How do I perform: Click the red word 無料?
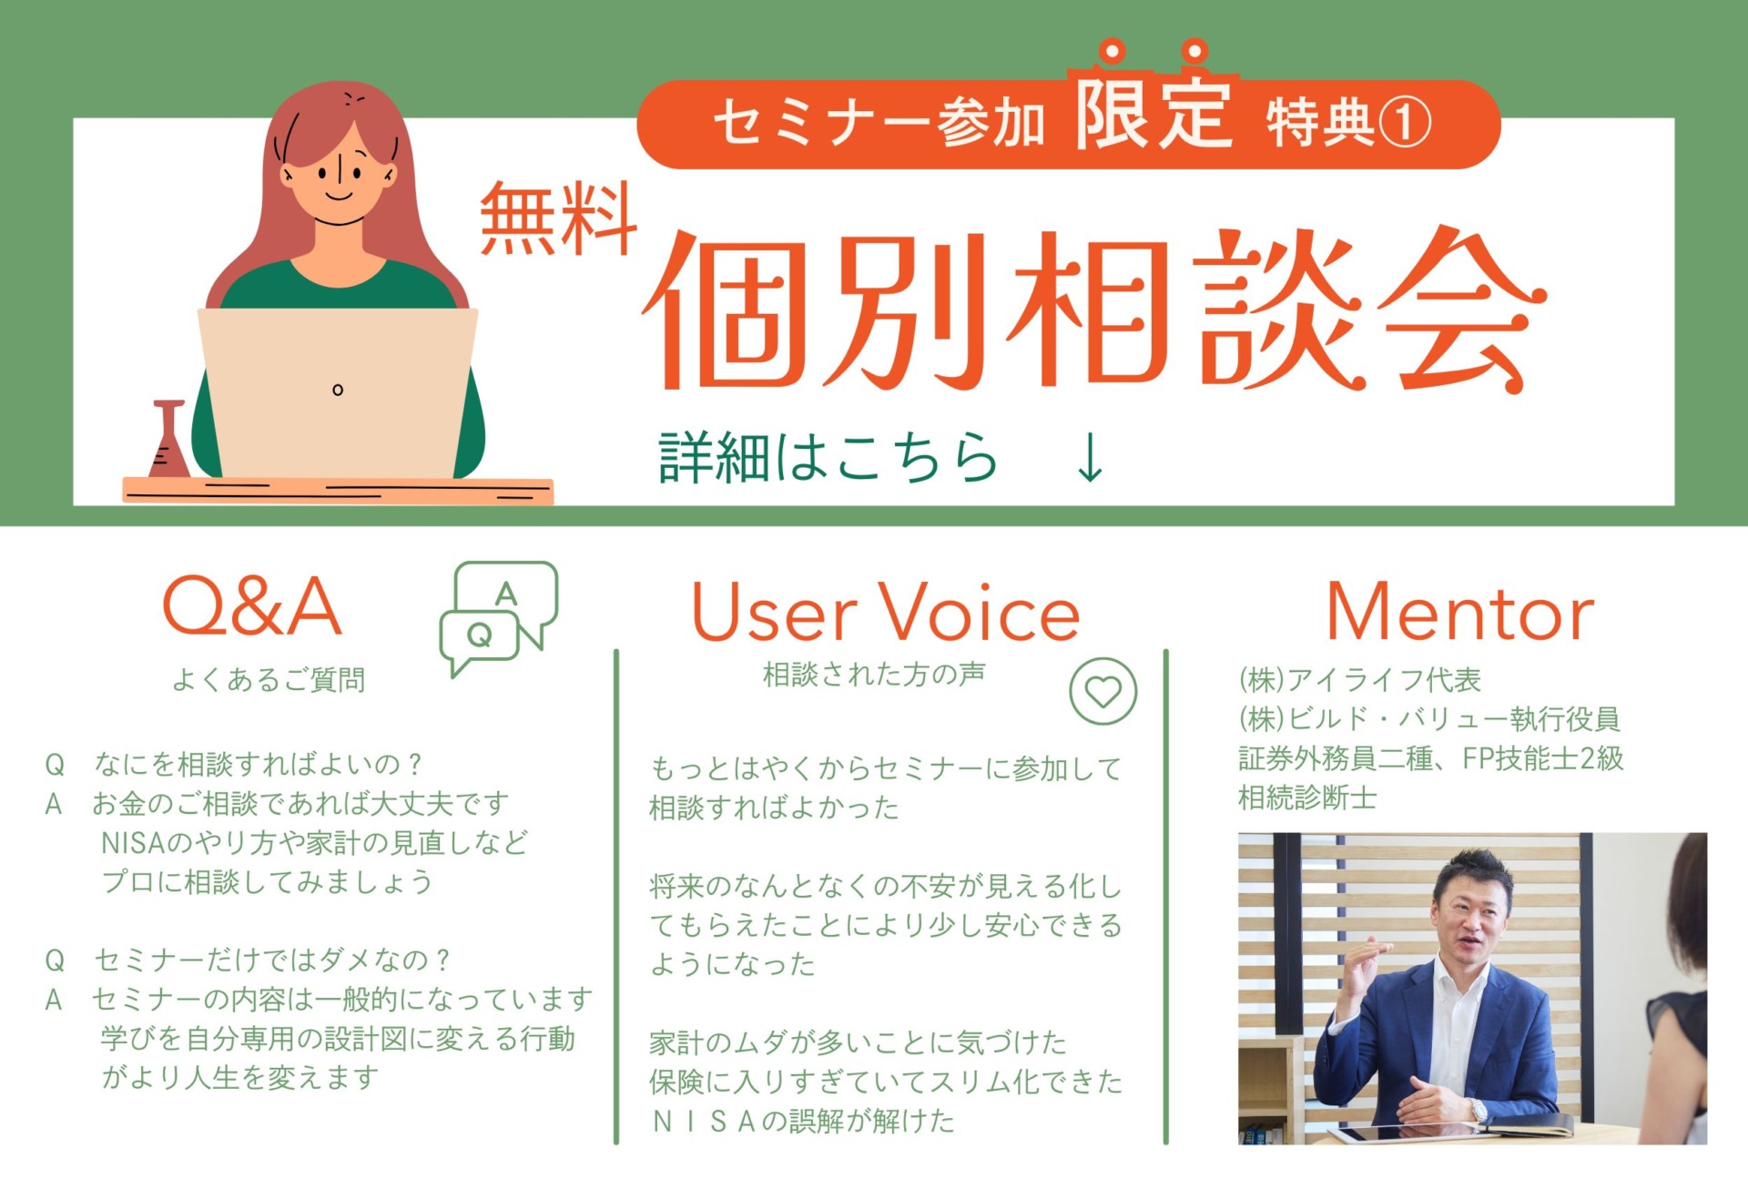coord(558,219)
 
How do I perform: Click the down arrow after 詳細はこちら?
coord(1090,457)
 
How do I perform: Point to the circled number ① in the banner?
coord(1404,123)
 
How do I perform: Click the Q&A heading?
coord(252,605)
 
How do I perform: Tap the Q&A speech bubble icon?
coord(498,617)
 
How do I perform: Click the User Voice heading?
coord(885,613)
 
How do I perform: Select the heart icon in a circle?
coord(1103,692)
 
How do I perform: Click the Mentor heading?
coord(1460,613)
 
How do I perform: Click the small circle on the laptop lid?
coord(338,390)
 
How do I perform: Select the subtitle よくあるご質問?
coord(269,679)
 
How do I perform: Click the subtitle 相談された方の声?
coord(874,674)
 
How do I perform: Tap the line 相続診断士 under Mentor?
coord(1307,798)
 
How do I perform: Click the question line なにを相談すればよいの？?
coord(259,764)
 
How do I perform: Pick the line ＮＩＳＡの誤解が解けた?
coord(804,1121)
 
